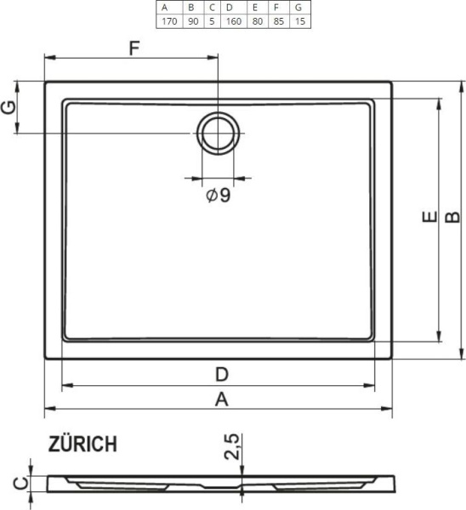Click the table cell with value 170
[x=168, y=20]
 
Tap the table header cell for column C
[x=212, y=8]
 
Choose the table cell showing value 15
[x=298, y=20]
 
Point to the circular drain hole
[x=219, y=133]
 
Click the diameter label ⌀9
[x=219, y=195]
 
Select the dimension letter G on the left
[x=10, y=108]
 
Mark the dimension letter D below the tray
[x=221, y=374]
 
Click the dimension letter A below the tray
[x=221, y=399]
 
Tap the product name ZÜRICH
[x=82, y=444]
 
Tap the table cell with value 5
[x=212, y=20]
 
